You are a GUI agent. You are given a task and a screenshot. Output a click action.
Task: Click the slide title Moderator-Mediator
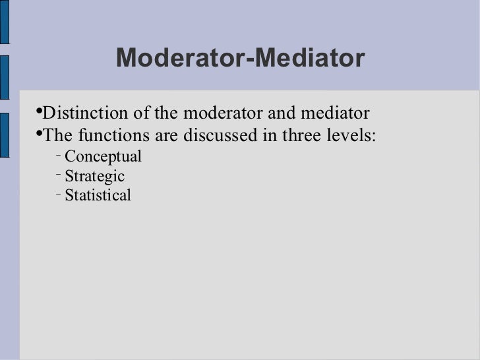coord(239,59)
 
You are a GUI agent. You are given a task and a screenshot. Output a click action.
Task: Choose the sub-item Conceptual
coord(103,158)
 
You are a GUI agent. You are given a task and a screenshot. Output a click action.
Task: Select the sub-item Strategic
coord(94,177)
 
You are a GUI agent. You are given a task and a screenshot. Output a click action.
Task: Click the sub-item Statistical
coord(98,196)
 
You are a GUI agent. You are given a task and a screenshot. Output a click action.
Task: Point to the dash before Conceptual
coord(59,156)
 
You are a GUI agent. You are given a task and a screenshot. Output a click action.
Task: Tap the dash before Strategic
coord(59,175)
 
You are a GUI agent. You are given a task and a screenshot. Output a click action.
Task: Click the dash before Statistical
coord(59,194)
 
